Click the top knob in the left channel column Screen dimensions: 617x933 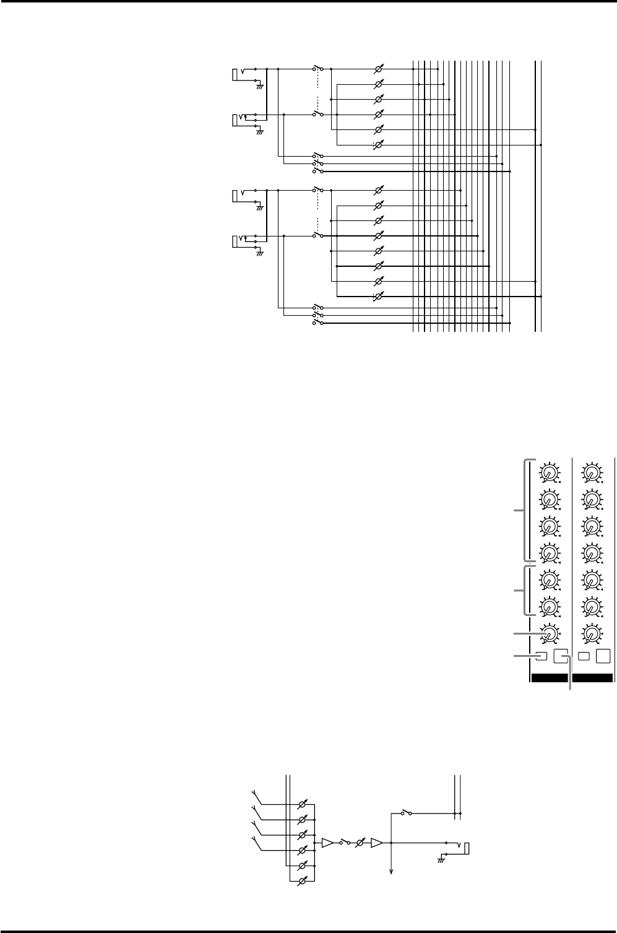(548, 473)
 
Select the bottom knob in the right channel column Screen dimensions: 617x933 (592, 633)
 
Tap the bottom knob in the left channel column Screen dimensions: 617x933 (548, 633)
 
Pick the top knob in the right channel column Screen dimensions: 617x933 (592, 473)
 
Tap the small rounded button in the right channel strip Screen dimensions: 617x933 (583, 656)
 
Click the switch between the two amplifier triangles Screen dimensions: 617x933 (345, 843)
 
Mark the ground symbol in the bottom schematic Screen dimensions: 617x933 (442, 857)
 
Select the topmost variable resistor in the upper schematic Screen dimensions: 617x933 (379, 69)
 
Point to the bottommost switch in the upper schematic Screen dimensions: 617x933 (318, 322)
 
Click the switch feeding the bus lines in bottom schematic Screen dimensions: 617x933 (405, 812)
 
